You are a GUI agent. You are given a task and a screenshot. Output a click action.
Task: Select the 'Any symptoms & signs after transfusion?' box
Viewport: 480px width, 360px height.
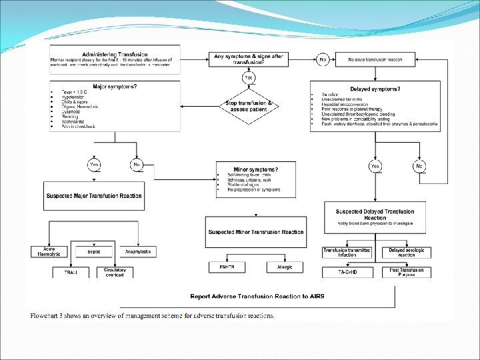pyautogui.click(x=247, y=59)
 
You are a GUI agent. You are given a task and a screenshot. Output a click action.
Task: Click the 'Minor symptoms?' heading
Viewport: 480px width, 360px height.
pyautogui.click(x=257, y=169)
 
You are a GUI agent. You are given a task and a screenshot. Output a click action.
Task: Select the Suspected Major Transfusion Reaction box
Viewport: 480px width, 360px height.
pyautogui.click(x=94, y=196)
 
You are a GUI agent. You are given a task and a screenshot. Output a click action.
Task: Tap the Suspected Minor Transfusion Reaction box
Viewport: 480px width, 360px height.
pyautogui.click(x=257, y=232)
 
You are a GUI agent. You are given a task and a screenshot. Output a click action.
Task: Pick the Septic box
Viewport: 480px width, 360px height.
pyautogui.click(x=93, y=251)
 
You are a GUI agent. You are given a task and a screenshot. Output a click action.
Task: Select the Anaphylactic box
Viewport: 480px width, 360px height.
pyautogui.click(x=139, y=251)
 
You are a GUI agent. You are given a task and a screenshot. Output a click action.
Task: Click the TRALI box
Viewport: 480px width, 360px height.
pyautogui.click(x=71, y=273)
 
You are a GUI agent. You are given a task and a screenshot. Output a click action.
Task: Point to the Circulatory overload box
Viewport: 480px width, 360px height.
pyautogui.click(x=115, y=273)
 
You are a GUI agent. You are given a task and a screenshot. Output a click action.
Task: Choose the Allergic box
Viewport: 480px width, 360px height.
pyautogui.click(x=279, y=267)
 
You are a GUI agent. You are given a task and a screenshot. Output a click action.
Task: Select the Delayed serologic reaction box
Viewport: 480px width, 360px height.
pyautogui.click(x=406, y=251)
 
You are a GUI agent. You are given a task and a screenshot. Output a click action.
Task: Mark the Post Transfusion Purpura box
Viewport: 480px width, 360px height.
pyautogui.click(x=406, y=272)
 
